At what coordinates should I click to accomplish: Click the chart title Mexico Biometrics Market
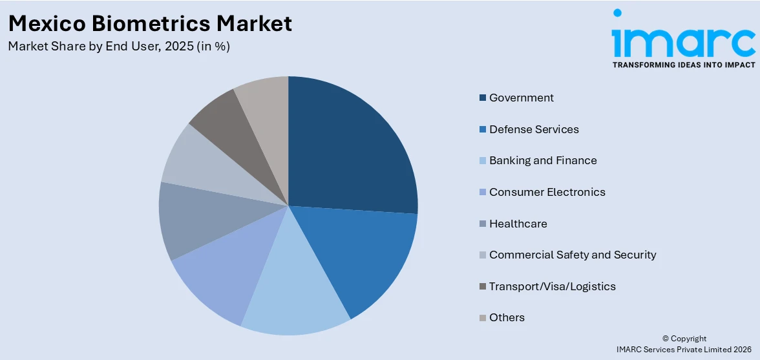(x=151, y=23)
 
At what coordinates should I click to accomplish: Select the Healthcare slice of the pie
(x=194, y=220)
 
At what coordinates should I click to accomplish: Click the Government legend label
(x=521, y=98)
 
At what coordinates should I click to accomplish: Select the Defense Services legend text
(x=534, y=129)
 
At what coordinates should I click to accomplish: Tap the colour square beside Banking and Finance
(x=482, y=161)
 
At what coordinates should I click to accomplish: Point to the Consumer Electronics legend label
(x=547, y=192)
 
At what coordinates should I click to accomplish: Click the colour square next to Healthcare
(x=482, y=224)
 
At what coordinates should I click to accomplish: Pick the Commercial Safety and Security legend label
(x=572, y=255)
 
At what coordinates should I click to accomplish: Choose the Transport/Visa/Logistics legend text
(x=552, y=286)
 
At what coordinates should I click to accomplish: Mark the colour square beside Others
(x=482, y=318)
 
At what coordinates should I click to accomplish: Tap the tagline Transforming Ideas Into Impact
(x=684, y=65)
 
